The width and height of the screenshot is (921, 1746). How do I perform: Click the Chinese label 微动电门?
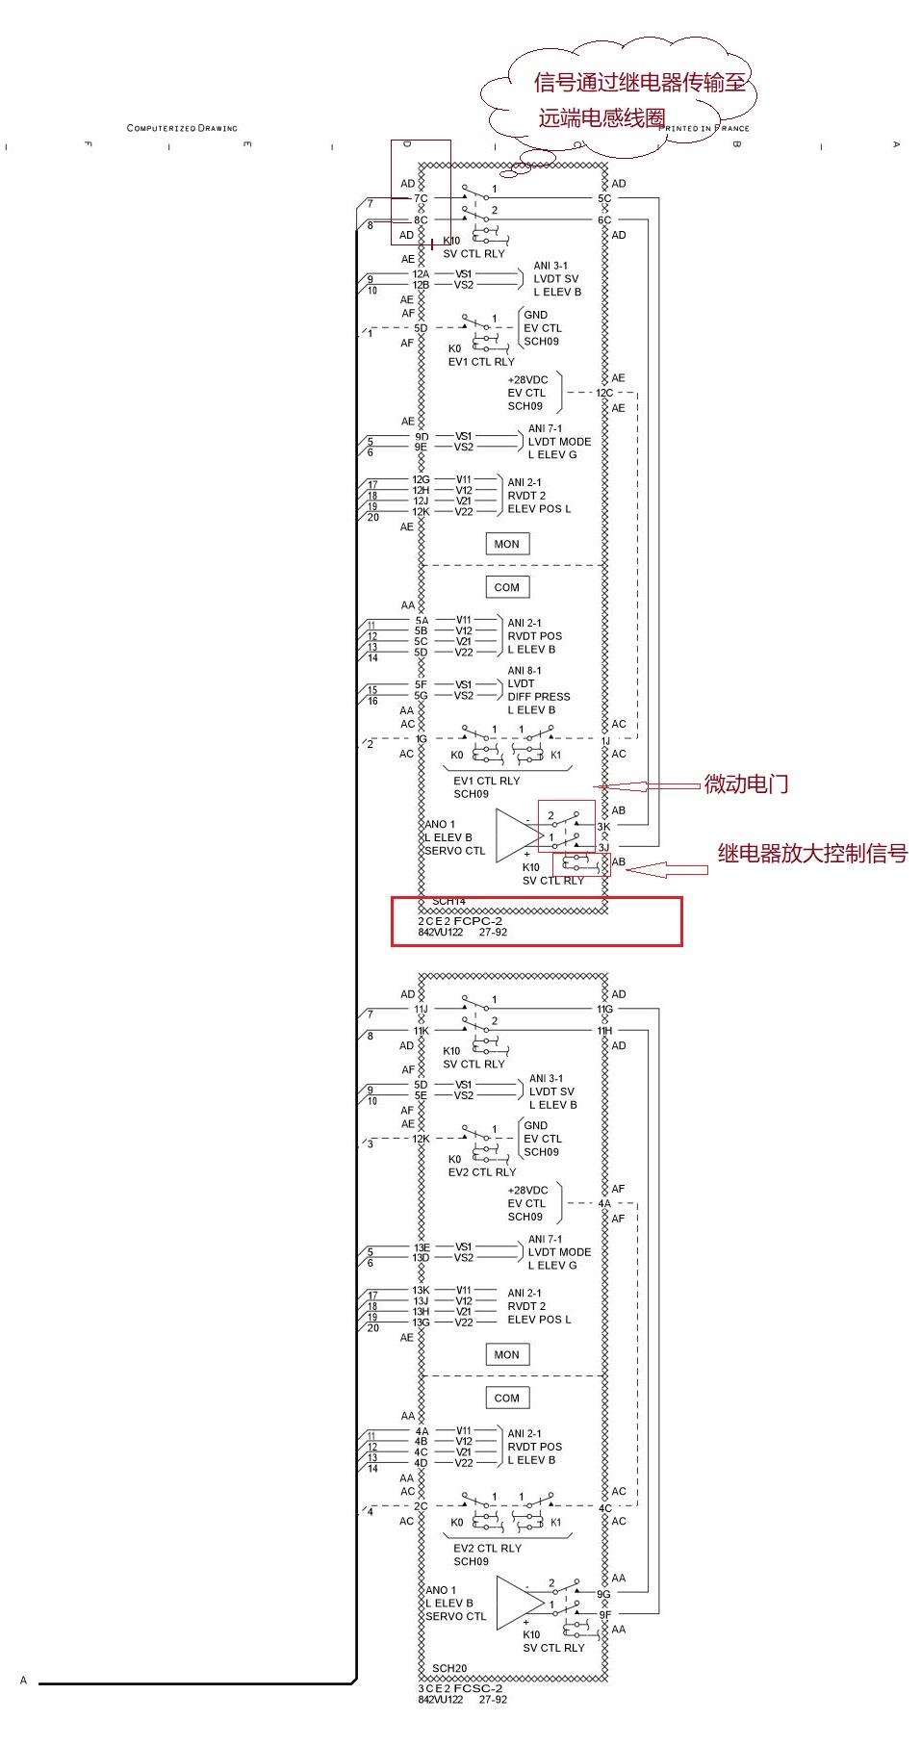tap(746, 784)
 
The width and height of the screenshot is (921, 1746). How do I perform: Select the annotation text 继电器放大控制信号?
tap(812, 854)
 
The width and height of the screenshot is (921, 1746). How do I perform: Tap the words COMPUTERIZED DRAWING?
tap(182, 128)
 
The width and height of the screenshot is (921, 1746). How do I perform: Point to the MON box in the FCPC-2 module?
tap(506, 545)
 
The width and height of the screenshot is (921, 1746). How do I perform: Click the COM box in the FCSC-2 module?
tap(506, 1398)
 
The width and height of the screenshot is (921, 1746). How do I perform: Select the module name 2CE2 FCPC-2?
tap(460, 921)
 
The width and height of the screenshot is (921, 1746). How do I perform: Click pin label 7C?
tap(421, 199)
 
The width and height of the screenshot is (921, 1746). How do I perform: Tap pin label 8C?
tap(421, 220)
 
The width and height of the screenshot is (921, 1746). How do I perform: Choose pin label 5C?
tap(603, 199)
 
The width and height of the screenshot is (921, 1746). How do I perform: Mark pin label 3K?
tap(603, 827)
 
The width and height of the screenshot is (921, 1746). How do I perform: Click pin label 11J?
tap(421, 1010)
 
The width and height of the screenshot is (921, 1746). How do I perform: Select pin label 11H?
tap(603, 1031)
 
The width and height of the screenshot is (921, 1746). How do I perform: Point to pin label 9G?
tap(603, 1594)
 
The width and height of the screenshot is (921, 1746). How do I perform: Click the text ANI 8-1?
tap(524, 671)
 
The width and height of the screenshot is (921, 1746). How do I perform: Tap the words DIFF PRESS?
tap(539, 697)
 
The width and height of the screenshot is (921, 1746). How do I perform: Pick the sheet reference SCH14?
tap(448, 902)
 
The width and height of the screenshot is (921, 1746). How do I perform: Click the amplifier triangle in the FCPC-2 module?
tap(518, 834)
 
